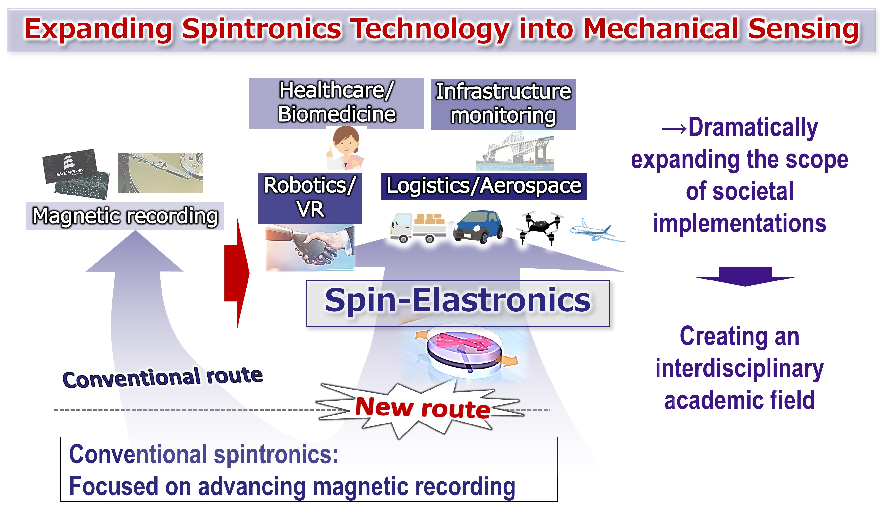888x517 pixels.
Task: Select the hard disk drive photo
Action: [x=160, y=173]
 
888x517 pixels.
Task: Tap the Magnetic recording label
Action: [x=125, y=216]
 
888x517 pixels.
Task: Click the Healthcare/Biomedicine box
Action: [x=337, y=103]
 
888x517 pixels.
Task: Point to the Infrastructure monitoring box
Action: [x=503, y=104]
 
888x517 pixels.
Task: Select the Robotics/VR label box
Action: [x=310, y=198]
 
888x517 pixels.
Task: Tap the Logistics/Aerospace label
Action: [x=483, y=186]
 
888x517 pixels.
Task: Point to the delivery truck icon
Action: [x=418, y=227]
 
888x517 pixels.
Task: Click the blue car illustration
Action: [x=478, y=227]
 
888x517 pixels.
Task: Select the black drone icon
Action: [x=540, y=227]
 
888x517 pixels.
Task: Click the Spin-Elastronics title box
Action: [x=457, y=303]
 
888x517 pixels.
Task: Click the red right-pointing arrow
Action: [x=237, y=273]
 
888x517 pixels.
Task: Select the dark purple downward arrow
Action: [x=745, y=276]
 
